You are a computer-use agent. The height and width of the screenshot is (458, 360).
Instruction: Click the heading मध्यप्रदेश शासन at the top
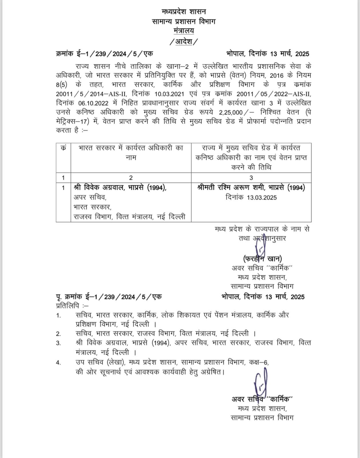[183, 12]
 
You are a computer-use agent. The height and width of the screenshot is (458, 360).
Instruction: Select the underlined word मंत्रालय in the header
[183, 31]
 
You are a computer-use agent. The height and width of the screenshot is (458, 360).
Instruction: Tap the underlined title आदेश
[183, 42]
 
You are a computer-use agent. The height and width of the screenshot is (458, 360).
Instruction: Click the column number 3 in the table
[251, 178]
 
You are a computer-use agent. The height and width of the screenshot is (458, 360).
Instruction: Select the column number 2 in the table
[131, 178]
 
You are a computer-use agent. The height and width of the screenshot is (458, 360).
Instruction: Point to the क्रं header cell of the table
[63, 148]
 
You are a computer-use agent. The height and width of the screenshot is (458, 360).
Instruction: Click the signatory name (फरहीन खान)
[262, 259]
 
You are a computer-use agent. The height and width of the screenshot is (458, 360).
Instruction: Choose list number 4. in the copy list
[58, 363]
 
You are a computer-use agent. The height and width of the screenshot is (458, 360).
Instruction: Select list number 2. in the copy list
[58, 334]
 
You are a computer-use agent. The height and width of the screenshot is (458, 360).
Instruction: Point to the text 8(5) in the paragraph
[62, 85]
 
